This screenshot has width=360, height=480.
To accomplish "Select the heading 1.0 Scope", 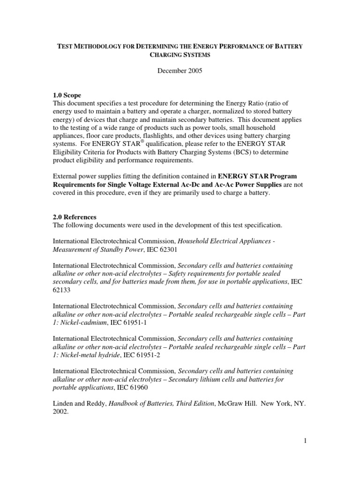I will (67, 95).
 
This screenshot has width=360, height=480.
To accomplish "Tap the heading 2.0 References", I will (75, 217).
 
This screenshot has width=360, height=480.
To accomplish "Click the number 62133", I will (62, 290).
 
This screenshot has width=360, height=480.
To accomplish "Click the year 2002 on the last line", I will (61, 412).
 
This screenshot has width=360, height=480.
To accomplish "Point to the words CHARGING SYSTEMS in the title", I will (180, 55).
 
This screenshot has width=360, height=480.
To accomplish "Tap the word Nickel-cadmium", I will (81, 322).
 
